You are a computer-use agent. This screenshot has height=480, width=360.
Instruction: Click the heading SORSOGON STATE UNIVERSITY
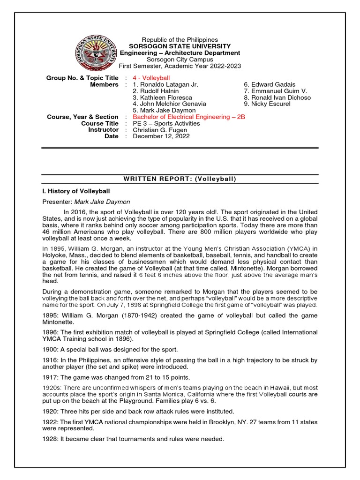pos(180,46)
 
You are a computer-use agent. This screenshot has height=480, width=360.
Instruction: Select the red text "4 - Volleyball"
pos(151,78)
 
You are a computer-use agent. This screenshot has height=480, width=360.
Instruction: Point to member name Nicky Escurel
pos(266,104)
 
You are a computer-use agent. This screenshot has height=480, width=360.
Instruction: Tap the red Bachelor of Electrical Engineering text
pos(189,117)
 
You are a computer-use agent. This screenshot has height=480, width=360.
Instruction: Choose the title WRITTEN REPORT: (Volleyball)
pos(180,179)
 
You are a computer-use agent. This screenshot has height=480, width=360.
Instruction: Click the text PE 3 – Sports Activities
pos(166,123)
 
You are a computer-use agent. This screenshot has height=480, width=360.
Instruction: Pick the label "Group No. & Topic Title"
pos(82,78)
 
